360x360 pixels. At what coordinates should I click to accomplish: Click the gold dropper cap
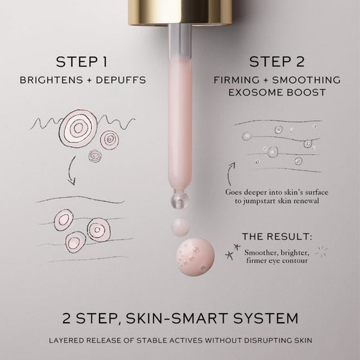pyautogui.click(x=180, y=12)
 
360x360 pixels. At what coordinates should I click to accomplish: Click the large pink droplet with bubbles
pyautogui.click(x=195, y=256)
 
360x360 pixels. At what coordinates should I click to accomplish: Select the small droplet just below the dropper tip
pyautogui.click(x=181, y=227)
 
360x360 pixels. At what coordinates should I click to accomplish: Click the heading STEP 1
pyautogui.click(x=82, y=62)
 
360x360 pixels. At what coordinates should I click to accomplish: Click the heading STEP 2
pyautogui.click(x=277, y=62)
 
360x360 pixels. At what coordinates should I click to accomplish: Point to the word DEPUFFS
pyautogui.click(x=121, y=80)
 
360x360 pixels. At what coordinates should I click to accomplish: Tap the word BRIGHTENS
pyautogui.click(x=51, y=80)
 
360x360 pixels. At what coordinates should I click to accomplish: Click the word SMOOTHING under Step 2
pyautogui.click(x=306, y=80)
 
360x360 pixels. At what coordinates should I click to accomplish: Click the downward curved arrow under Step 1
pyautogui.click(x=71, y=171)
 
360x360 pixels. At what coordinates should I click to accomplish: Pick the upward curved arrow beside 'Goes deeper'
pyautogui.click(x=231, y=174)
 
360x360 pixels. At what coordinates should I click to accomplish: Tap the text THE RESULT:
pyautogui.click(x=277, y=237)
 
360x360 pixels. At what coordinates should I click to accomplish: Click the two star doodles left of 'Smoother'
pyautogui.click(x=232, y=251)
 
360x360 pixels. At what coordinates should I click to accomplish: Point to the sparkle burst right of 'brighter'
pyautogui.click(x=322, y=252)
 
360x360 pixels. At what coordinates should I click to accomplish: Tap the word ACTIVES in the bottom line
pyautogui.click(x=186, y=340)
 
